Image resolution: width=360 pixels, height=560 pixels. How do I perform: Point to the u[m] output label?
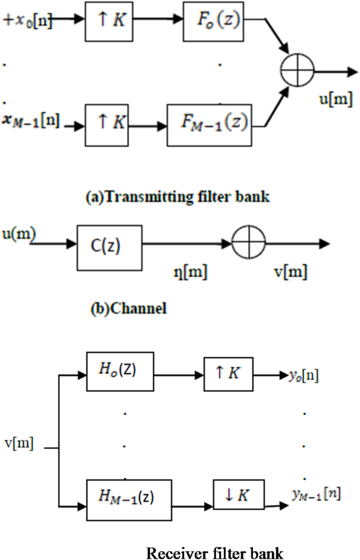(334, 100)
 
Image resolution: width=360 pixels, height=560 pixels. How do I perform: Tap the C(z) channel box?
(109, 245)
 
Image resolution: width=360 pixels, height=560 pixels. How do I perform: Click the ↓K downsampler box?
(239, 495)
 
